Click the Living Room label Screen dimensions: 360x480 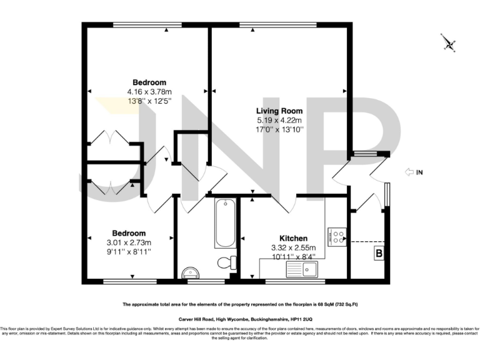tap(279, 111)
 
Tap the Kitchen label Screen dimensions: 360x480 tap(293, 238)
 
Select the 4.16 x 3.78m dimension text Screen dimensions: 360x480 tap(149, 91)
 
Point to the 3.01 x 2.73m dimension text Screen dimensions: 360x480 tap(130, 242)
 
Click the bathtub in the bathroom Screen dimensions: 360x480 tap(224, 224)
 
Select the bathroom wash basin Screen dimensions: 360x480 tap(190, 272)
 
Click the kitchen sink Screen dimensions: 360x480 tap(302, 269)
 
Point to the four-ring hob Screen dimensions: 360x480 tap(338, 237)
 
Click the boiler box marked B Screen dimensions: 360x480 tap(379, 253)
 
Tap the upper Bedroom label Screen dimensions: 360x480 tap(149, 82)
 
